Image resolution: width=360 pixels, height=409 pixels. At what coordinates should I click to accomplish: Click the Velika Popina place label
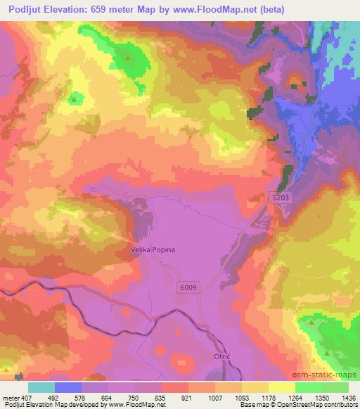tap(153, 249)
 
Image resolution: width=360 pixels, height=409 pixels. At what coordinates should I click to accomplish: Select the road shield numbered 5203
tap(280, 200)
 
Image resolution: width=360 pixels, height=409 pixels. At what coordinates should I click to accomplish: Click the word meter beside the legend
tap(10, 398)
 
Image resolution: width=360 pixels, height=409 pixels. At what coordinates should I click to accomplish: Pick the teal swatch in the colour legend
tap(41, 387)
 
